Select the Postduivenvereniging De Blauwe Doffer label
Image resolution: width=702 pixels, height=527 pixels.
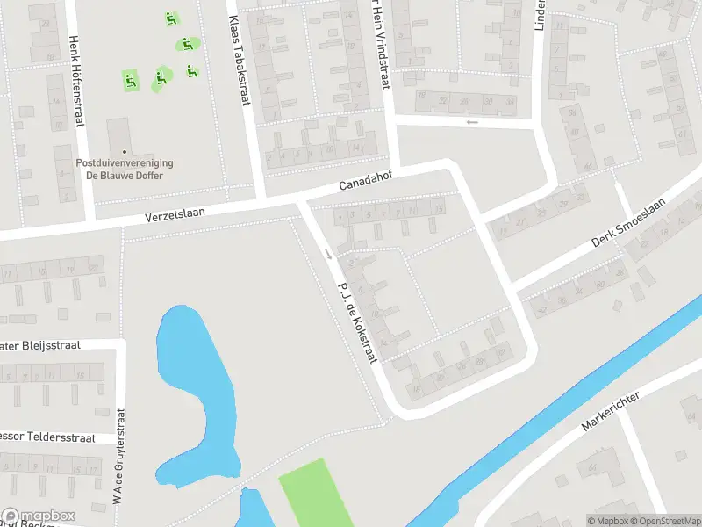pyautogui.click(x=125, y=169)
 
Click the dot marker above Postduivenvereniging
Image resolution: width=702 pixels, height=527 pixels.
pyautogui.click(x=125, y=151)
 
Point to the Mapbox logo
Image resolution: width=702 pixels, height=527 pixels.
pyautogui.click(x=39, y=516)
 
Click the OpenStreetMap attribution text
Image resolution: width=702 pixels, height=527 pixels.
pyautogui.click(x=663, y=521)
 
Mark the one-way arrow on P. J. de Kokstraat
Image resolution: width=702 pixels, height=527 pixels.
pyautogui.click(x=327, y=254)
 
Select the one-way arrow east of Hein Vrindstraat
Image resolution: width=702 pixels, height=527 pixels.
pyautogui.click(x=472, y=122)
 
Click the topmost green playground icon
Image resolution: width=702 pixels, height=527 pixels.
pyautogui.click(x=170, y=18)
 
